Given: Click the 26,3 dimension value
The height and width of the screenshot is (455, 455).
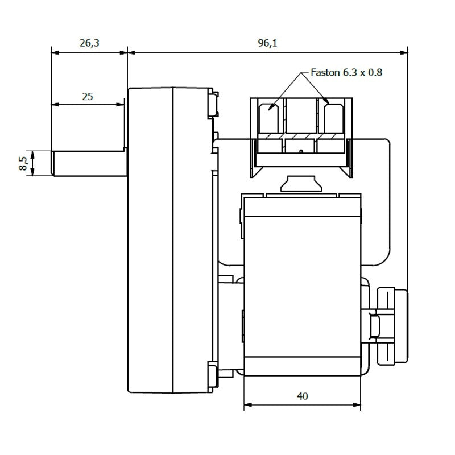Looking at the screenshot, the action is coord(89,43).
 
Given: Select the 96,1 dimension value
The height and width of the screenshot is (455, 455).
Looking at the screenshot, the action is coord(267,43).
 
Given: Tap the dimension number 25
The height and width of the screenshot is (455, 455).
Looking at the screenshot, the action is coord(88,96).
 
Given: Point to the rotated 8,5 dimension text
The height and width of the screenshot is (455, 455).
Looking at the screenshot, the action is coord(23,163).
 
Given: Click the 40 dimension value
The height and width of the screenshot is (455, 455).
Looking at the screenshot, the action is coord(303,396).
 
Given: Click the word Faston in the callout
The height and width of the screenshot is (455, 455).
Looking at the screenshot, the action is coord(325,72).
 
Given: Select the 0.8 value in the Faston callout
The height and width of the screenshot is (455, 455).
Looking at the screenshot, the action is coord(375,72).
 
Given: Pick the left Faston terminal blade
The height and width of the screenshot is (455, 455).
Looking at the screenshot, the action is coord(268,118).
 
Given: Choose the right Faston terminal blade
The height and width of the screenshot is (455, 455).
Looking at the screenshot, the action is coord(334,118).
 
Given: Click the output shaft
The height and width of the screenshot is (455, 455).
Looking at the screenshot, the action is coord(89,163).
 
